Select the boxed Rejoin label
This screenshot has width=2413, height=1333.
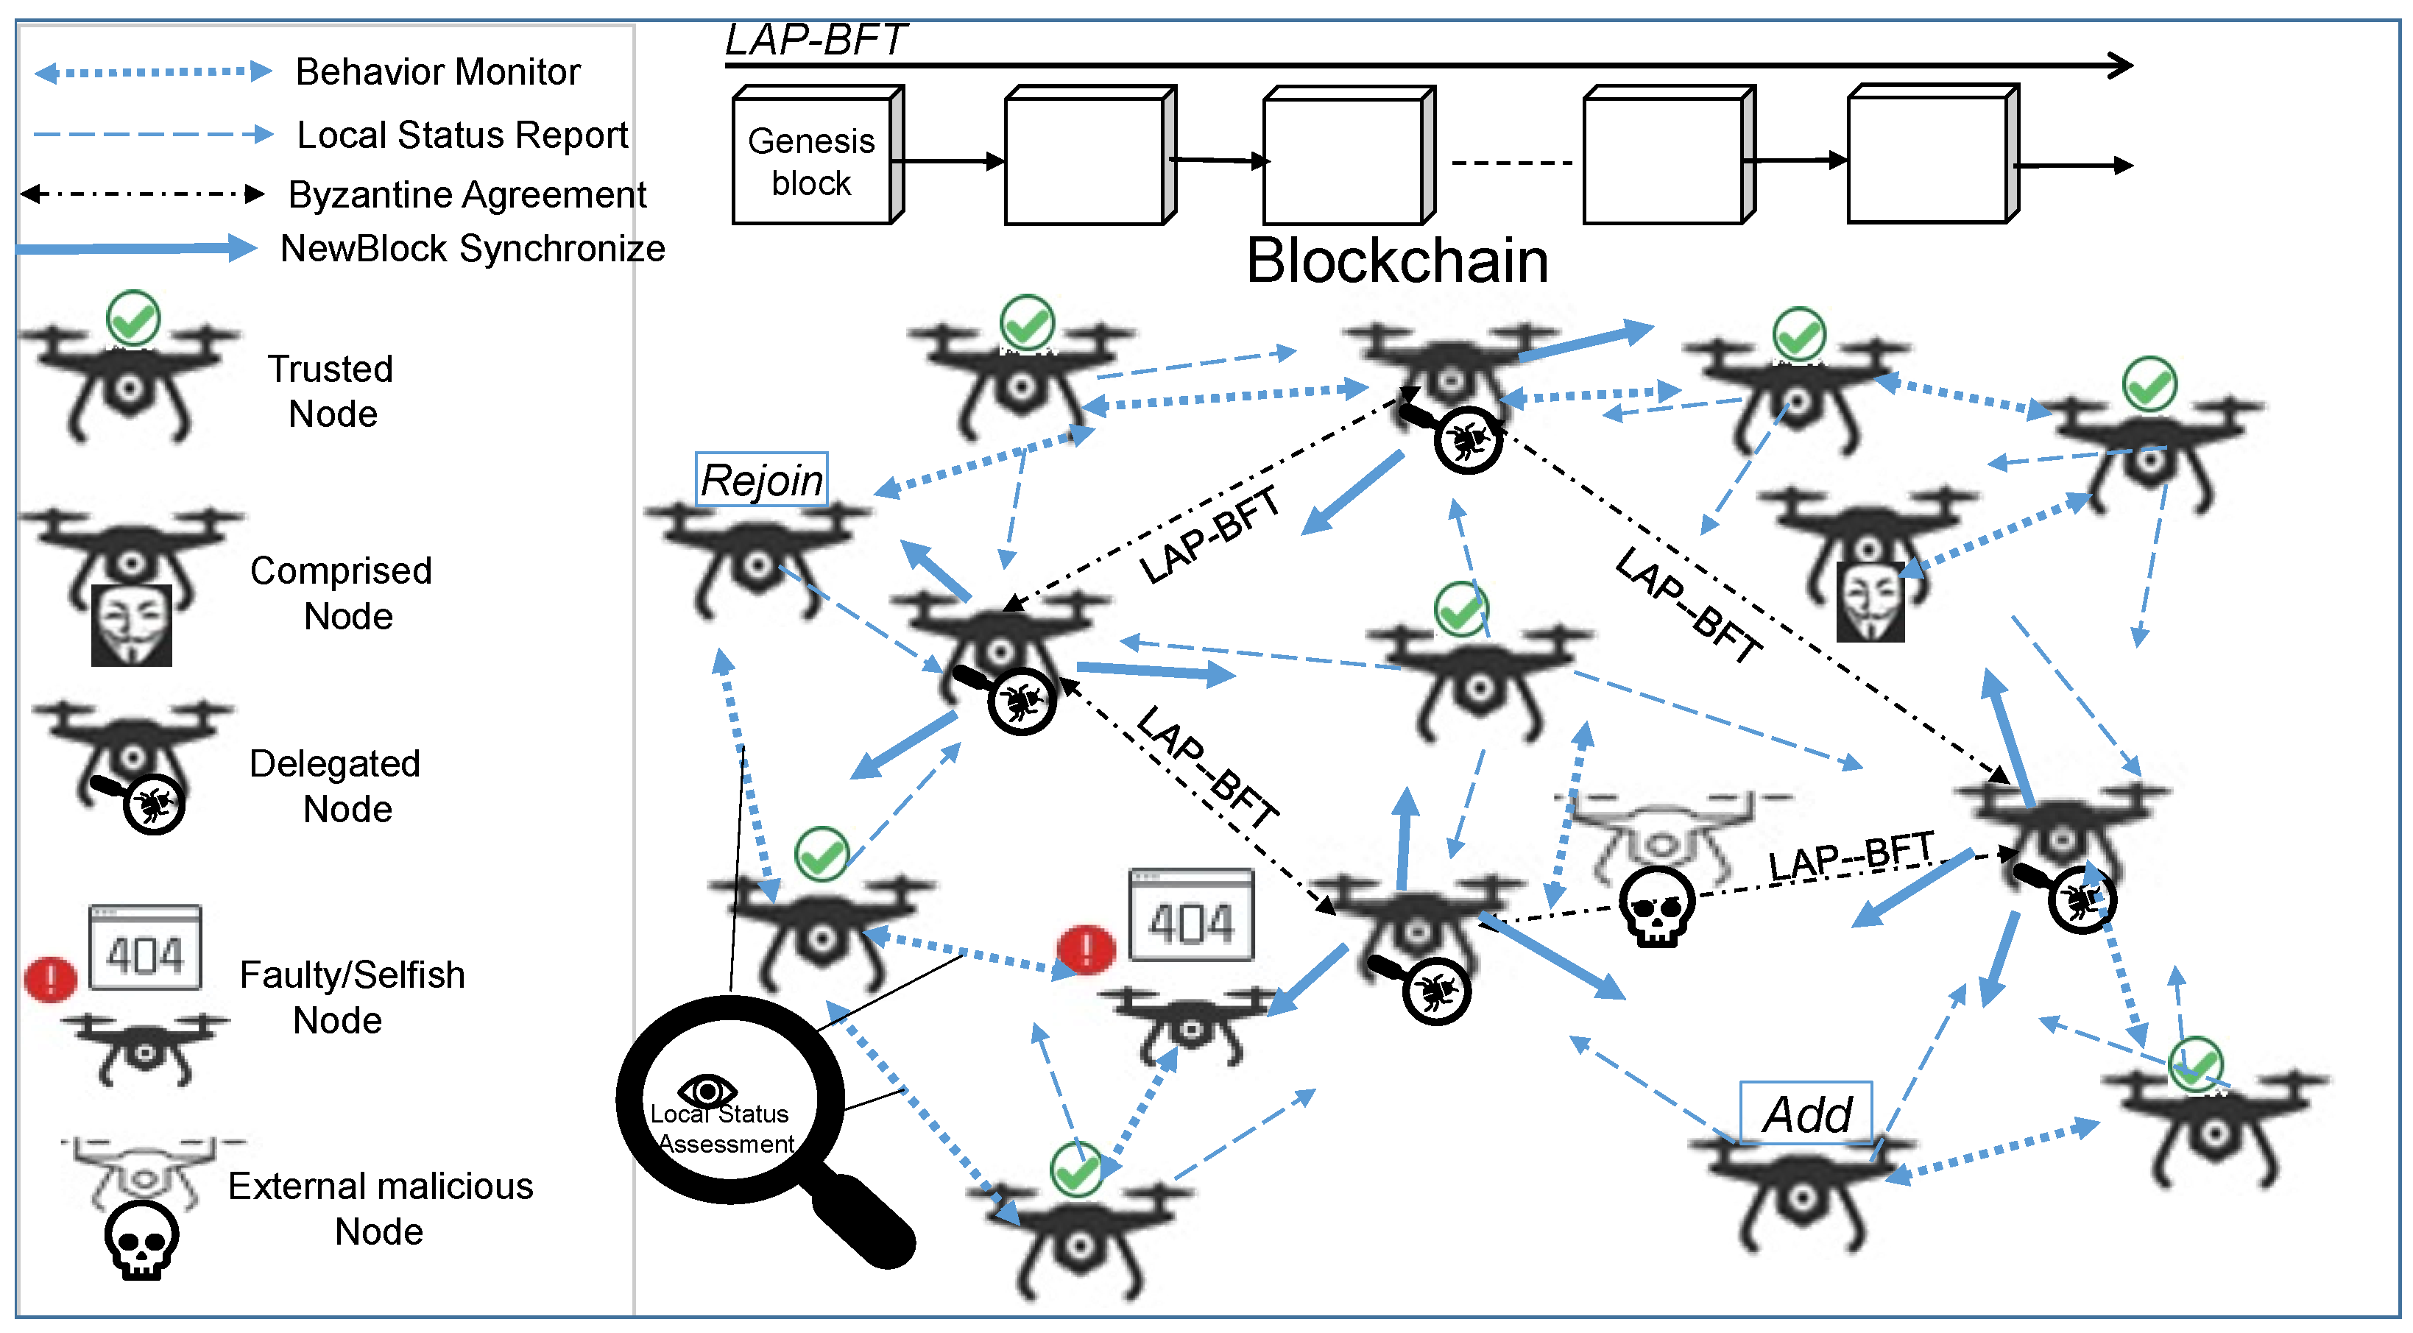pyautogui.click(x=762, y=481)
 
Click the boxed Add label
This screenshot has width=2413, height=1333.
pyautogui.click(x=1806, y=1114)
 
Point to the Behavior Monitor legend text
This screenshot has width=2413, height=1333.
pyautogui.click(x=437, y=72)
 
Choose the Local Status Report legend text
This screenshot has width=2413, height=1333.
pyautogui.click(x=462, y=135)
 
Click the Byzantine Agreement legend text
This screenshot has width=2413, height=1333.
pyautogui.click(x=467, y=195)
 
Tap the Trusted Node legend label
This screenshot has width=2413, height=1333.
pyautogui.click(x=331, y=392)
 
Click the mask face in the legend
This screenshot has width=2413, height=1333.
pyautogui.click(x=131, y=625)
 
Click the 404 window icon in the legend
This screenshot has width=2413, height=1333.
pyautogui.click(x=145, y=948)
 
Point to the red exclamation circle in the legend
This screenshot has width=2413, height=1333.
pyautogui.click(x=51, y=979)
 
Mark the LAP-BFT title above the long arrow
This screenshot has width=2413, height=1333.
pyautogui.click(x=815, y=39)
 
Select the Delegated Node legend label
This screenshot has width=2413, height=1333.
pyautogui.click(x=334, y=787)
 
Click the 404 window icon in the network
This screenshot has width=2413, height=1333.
pyautogui.click(x=1190, y=916)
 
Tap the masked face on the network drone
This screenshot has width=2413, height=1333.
pyautogui.click(x=1870, y=601)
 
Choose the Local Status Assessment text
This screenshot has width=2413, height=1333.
pyautogui.click(x=721, y=1129)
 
